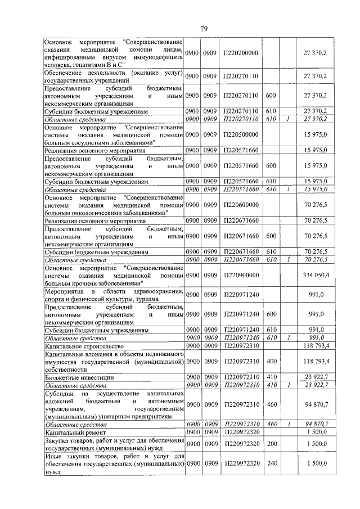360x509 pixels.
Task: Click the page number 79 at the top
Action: [x=204, y=29]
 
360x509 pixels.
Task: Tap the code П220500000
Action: [x=240, y=136]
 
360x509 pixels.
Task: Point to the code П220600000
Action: [x=240, y=206]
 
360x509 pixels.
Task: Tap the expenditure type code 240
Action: [x=271, y=466]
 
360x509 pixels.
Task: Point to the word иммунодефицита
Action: [x=155, y=57]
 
